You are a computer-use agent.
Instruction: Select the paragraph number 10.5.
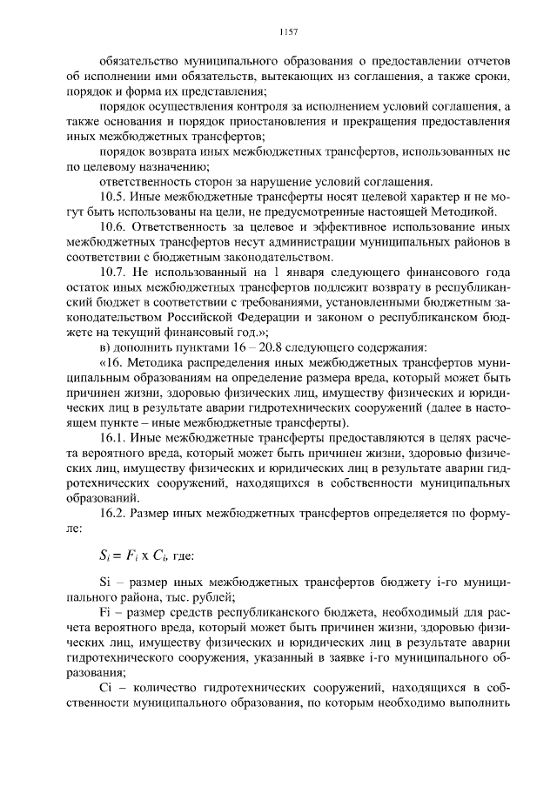[114, 197]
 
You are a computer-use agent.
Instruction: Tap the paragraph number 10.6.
[114, 226]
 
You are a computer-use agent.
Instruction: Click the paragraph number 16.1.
[114, 437]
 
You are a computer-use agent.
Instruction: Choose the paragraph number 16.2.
[114, 513]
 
